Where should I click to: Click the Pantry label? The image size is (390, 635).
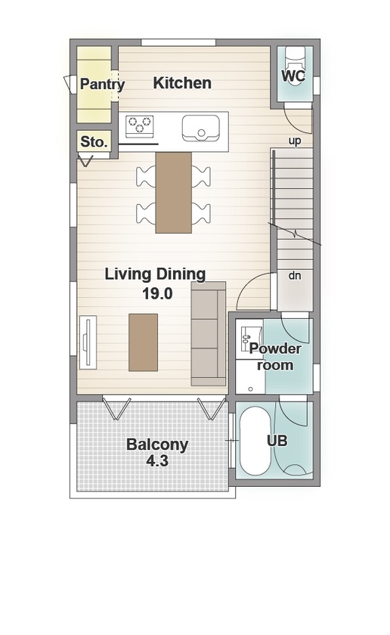click(x=103, y=85)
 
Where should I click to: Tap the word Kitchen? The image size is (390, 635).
click(x=182, y=83)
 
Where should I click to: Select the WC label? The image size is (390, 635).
click(x=293, y=76)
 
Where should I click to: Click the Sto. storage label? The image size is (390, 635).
click(x=94, y=142)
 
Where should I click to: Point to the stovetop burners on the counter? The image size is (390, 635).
click(x=140, y=125)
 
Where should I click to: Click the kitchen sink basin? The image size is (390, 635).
click(x=200, y=128)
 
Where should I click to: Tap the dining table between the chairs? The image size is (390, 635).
click(x=174, y=192)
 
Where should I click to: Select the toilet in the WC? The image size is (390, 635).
click(x=295, y=60)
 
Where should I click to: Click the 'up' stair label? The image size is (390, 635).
click(x=295, y=141)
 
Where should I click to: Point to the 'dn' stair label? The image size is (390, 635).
click(x=295, y=276)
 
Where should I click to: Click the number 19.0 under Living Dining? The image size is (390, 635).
click(x=157, y=293)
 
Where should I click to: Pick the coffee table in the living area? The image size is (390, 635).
click(x=144, y=342)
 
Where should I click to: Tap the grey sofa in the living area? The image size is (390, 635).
click(x=209, y=333)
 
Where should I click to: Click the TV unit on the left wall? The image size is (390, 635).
click(x=88, y=342)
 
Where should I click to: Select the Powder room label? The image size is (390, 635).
click(x=275, y=357)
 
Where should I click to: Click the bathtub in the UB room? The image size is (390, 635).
click(x=254, y=441)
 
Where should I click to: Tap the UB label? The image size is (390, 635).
click(x=277, y=440)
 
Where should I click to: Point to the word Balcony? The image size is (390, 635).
click(x=157, y=444)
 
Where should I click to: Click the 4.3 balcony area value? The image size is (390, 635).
click(x=157, y=461)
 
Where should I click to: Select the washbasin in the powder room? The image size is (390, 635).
click(x=246, y=339)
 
